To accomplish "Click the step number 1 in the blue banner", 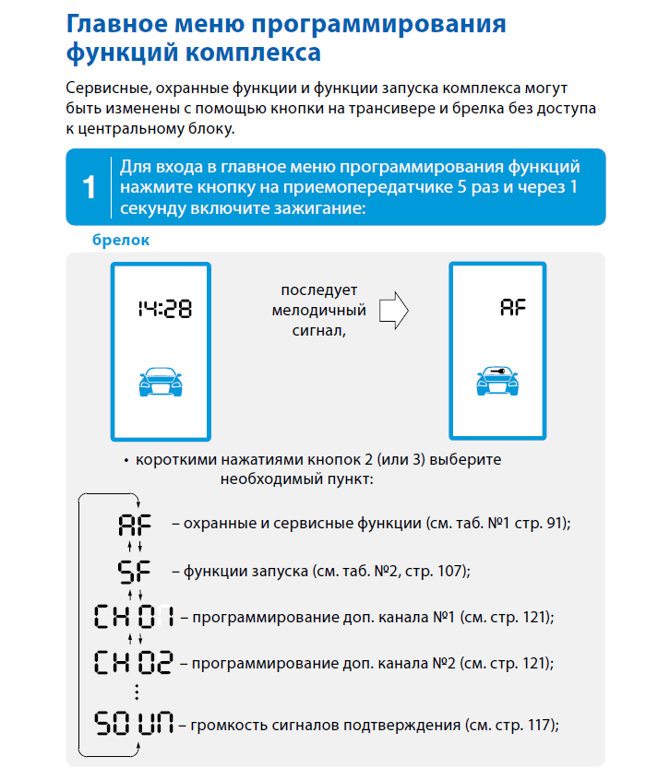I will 89,188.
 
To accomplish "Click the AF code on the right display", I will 513,307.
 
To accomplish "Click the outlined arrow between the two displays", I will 394,311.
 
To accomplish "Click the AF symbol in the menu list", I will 133,525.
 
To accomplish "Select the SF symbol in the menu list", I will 134,571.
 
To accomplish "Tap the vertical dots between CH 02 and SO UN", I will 136,691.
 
